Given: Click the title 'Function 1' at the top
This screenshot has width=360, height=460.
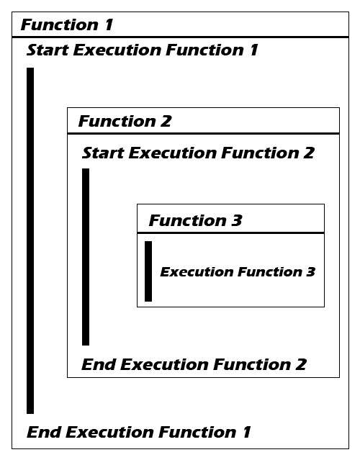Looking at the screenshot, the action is [67, 24].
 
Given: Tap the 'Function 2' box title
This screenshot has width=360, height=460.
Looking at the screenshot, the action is [125, 121].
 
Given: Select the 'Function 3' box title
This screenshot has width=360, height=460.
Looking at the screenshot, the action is [195, 220].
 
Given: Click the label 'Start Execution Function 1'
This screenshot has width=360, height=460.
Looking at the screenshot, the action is [143, 50].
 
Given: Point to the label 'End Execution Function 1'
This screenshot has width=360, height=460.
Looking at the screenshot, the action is [139, 432].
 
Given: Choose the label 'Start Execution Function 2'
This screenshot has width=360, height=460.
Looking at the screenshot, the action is [198, 153].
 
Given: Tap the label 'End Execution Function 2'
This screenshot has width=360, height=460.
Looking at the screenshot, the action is [194, 364].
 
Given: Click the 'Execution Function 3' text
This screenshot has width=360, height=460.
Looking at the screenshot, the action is [238, 272].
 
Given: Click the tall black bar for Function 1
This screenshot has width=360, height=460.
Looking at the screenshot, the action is [30, 240].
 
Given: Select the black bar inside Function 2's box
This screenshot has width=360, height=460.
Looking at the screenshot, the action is [86, 257].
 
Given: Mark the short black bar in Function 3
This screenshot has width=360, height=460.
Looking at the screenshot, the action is [148, 271].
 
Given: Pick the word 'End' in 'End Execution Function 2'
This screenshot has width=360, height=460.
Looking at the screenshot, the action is [99, 364].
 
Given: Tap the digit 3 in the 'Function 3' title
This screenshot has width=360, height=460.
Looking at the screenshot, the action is [237, 220].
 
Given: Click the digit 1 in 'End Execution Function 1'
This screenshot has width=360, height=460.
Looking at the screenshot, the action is [247, 432].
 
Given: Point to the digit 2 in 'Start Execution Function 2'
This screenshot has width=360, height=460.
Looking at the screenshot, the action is [309, 153].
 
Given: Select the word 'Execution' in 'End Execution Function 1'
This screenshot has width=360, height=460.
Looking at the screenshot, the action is [109, 432].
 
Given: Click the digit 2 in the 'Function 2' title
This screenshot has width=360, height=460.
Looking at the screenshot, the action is [166, 121].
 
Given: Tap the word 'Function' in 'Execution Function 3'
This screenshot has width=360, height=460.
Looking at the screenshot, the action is [270, 272].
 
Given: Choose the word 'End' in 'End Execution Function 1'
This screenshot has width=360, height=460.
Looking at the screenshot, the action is [43, 432].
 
